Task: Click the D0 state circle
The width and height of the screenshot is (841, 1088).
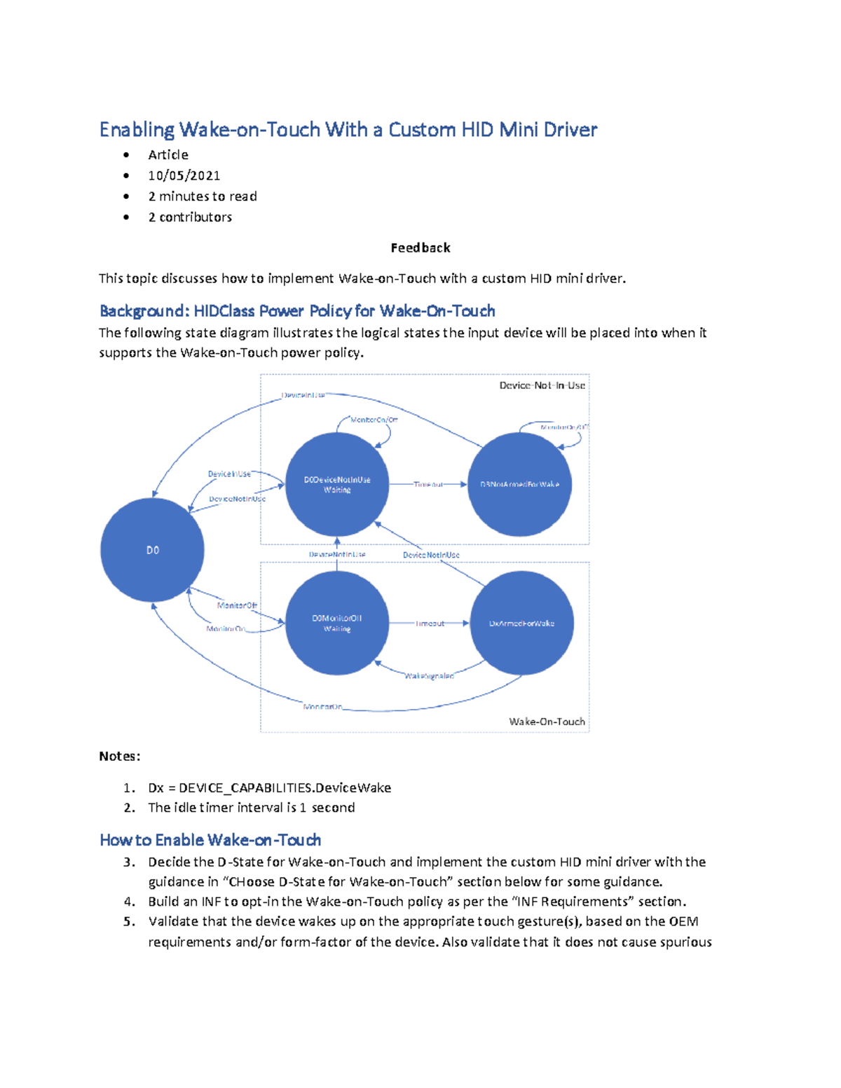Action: pyautogui.click(x=152, y=550)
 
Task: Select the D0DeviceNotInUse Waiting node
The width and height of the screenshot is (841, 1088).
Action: pyautogui.click(x=337, y=484)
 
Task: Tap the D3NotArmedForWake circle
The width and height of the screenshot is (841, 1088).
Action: pyautogui.click(x=519, y=484)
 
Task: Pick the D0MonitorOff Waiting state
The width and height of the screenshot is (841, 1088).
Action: pyautogui.click(x=337, y=623)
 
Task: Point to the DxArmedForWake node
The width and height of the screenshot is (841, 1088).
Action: pyautogui.click(x=521, y=623)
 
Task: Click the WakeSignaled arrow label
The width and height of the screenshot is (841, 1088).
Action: pyautogui.click(x=429, y=676)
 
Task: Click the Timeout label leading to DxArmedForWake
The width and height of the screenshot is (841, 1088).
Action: pyautogui.click(x=430, y=623)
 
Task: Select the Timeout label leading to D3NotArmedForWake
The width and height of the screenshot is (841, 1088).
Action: pyautogui.click(x=428, y=484)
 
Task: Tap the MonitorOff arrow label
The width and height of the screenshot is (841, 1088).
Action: pyautogui.click(x=237, y=605)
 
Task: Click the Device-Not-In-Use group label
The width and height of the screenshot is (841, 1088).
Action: pyautogui.click(x=542, y=385)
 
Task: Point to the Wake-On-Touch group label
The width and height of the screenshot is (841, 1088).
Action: pyautogui.click(x=547, y=722)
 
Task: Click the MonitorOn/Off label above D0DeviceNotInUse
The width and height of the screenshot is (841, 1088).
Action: pyautogui.click(x=374, y=420)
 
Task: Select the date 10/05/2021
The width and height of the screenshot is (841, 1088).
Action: pyautogui.click(x=184, y=176)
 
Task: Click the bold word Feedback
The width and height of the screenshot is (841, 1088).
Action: pyautogui.click(x=420, y=248)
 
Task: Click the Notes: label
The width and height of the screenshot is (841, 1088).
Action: pyautogui.click(x=120, y=757)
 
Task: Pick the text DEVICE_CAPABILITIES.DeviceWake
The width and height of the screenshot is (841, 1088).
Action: pyautogui.click(x=285, y=788)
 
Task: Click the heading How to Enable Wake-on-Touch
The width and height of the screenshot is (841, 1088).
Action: pyautogui.click(x=210, y=840)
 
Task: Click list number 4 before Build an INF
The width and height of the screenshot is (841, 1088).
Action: pyautogui.click(x=130, y=902)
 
